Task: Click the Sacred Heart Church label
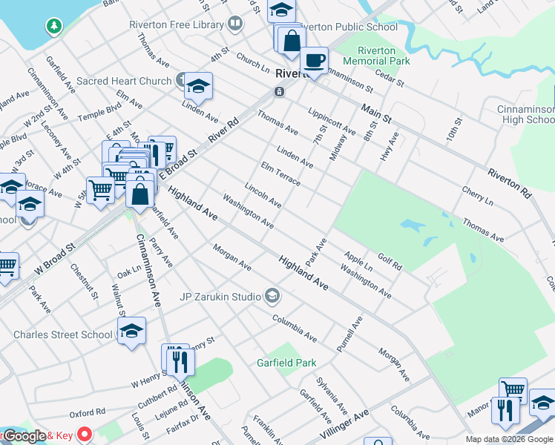124,81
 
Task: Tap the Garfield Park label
286,363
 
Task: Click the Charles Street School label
63,334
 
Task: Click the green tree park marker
53,27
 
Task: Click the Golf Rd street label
390,260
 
